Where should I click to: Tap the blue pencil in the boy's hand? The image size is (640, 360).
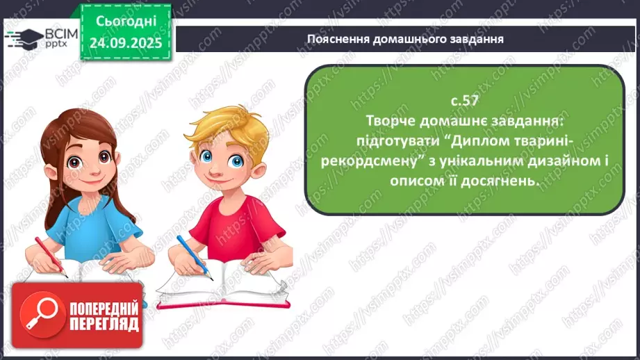click(x=193, y=256)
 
